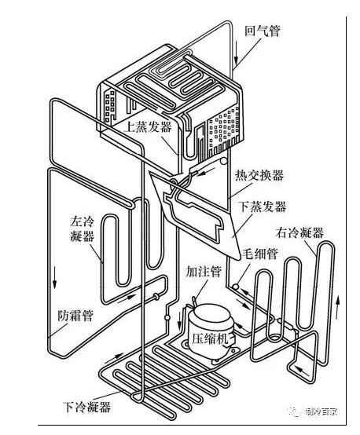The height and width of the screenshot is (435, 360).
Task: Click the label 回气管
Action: pos(263,31)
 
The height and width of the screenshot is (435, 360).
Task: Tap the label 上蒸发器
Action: pos(148,127)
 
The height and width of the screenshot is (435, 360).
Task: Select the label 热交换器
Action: pos(259,175)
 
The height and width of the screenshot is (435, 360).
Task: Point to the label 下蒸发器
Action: pos(263,207)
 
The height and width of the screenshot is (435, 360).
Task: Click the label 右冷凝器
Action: pos(299,232)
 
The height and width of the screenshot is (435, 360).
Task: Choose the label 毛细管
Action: pos(259,253)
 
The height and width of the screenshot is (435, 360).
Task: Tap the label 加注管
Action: pos(204,271)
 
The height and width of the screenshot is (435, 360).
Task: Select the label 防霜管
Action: pos(75,316)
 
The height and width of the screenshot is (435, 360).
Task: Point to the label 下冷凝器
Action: pos(86,407)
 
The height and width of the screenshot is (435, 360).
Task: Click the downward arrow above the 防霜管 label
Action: pos(55,277)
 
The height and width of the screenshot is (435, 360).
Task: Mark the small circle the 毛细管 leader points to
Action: pos(236,287)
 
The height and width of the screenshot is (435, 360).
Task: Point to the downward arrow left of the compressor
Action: pos(179,320)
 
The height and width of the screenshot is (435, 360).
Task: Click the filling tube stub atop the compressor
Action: pos(194,302)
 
